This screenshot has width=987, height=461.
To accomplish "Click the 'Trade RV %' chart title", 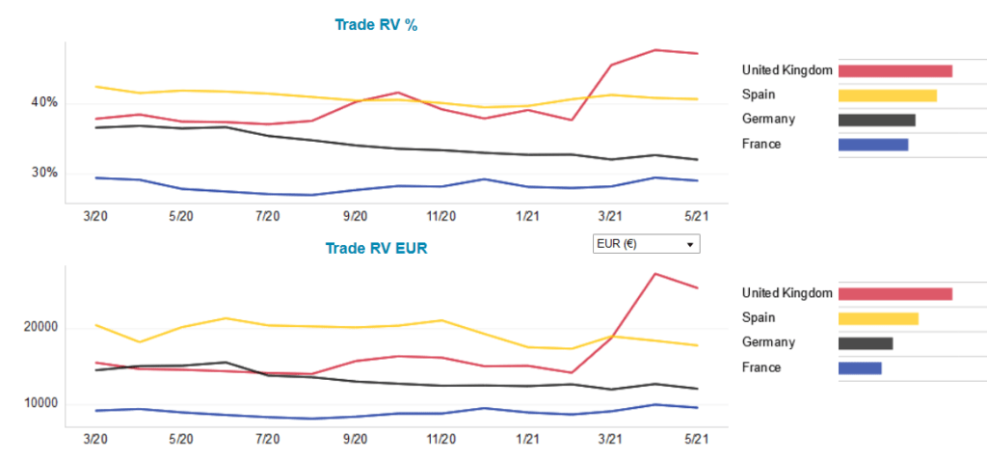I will tap(376, 25).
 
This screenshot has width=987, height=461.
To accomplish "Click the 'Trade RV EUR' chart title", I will tap(376, 248).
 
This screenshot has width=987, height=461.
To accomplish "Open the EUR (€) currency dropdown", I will tap(645, 244).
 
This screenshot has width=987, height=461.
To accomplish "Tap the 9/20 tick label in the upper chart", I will tap(355, 216).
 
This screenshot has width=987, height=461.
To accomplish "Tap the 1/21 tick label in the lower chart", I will tap(528, 439).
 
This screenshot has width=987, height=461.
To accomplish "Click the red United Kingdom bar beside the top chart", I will tap(894, 70).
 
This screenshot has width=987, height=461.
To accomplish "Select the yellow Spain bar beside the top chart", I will tap(887, 95).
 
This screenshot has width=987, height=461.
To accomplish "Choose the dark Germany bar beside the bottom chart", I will tap(865, 343).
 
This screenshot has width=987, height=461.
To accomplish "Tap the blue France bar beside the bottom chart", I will tap(860, 368).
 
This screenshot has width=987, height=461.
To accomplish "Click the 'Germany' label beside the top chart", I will tap(768, 120).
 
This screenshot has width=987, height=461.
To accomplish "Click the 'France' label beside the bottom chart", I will tap(761, 367).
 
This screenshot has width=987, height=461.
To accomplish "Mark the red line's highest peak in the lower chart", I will tap(655, 274).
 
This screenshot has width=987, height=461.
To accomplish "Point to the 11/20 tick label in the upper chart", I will tap(441, 216).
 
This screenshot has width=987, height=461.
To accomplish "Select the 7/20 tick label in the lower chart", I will tap(267, 439).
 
